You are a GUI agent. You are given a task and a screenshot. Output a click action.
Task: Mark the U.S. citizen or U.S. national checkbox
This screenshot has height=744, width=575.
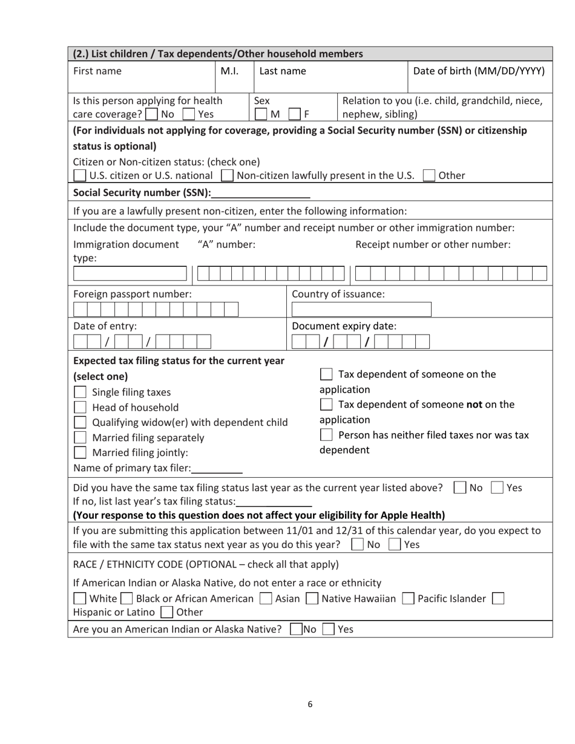pyautogui.click(x=79, y=176)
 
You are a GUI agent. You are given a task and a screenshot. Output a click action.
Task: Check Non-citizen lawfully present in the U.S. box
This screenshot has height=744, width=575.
pyautogui.click(x=227, y=176)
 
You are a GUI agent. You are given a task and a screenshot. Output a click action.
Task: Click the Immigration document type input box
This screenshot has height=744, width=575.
pyautogui.click(x=131, y=273)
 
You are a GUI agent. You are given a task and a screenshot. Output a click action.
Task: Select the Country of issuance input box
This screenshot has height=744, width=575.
pyautogui.click(x=361, y=310)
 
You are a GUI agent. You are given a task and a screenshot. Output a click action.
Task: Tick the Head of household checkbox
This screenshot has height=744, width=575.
pyautogui.click(x=79, y=408)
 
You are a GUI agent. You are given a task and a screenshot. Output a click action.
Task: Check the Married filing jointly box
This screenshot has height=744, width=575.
pyautogui.click(x=79, y=452)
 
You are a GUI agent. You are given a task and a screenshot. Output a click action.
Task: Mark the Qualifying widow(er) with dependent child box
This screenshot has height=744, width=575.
pyautogui.click(x=79, y=422)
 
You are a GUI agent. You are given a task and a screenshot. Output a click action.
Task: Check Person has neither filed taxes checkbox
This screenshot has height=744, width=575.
pyautogui.click(x=326, y=435)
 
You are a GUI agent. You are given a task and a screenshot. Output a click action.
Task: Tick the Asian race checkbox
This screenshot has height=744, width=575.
pyautogui.click(x=265, y=599)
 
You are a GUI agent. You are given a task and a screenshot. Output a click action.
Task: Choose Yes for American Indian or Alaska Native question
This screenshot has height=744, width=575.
pyautogui.click(x=327, y=629)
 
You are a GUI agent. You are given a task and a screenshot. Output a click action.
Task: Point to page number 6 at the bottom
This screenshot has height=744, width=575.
pyautogui.click(x=310, y=703)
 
